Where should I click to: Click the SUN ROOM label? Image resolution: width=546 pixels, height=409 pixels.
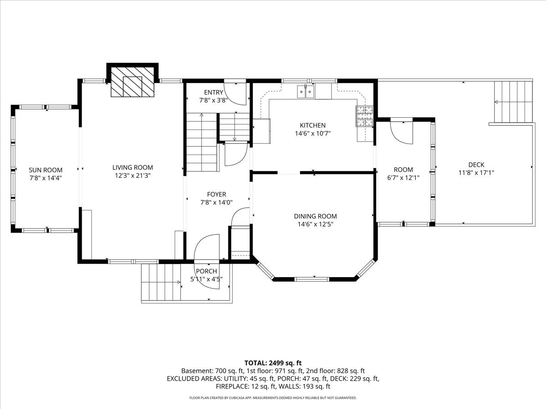tap(45, 170)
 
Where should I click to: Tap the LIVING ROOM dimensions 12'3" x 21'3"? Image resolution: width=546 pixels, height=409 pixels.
tap(132, 175)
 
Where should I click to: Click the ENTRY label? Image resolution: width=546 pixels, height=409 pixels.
tap(213, 92)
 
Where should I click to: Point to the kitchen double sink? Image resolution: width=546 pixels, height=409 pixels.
tap(306, 91)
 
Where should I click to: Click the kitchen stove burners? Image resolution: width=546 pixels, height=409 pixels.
tap(364, 116)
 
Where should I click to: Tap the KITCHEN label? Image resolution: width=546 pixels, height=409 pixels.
tap(313, 125)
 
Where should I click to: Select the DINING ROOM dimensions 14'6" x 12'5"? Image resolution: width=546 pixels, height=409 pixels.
tap(315, 224)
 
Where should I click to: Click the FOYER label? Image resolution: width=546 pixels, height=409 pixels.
tap(217, 194)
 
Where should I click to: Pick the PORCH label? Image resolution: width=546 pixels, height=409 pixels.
tap(207, 271)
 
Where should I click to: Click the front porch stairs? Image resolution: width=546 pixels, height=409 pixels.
tap(161, 282)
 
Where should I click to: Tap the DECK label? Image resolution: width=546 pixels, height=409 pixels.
tap(476, 165)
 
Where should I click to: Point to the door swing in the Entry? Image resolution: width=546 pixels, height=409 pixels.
tap(235, 93)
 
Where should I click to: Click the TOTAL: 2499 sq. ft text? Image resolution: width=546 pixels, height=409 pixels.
tap(273, 363)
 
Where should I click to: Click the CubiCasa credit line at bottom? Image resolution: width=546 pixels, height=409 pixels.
tap(273, 398)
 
